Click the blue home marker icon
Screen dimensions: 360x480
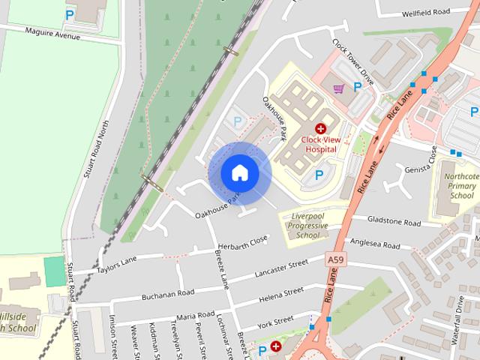[x=239, y=172]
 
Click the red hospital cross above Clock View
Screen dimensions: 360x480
[x=320, y=129]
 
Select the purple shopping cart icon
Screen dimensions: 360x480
[x=339, y=88]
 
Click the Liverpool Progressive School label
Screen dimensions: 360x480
[x=308, y=226]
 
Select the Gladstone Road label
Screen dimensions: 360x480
[x=394, y=222]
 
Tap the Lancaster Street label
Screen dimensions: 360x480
[x=282, y=268]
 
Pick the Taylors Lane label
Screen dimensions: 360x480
[x=117, y=263]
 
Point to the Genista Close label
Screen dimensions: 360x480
[x=431, y=158]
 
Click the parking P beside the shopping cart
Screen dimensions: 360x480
[x=358, y=88]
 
